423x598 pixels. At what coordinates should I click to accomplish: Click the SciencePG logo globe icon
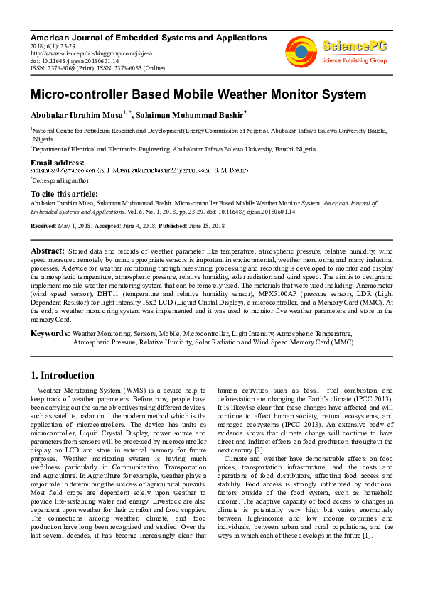(x=301, y=50)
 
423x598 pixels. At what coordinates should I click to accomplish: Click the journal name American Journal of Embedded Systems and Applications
(x=149, y=37)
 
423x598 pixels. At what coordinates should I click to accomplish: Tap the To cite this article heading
(x=64, y=194)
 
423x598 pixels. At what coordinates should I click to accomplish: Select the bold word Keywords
(x=50, y=332)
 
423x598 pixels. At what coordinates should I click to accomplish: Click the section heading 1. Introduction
(x=63, y=375)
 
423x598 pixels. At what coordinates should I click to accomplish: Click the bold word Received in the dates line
(x=43, y=225)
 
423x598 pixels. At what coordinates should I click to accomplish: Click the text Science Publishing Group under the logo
(x=353, y=61)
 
